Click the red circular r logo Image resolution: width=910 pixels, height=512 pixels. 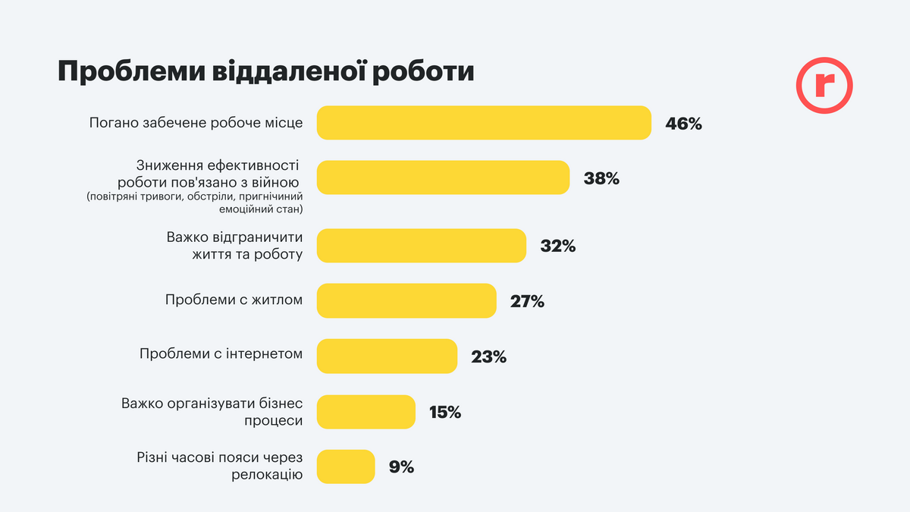(x=824, y=86)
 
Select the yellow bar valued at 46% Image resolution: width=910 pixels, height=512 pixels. (x=484, y=123)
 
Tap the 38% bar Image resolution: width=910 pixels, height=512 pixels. (x=443, y=177)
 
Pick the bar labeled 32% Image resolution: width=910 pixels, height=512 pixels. (x=421, y=246)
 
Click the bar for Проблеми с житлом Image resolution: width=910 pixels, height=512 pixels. (x=406, y=300)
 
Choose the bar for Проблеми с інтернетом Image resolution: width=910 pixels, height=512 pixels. (x=387, y=356)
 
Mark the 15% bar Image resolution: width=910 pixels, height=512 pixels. (x=366, y=412)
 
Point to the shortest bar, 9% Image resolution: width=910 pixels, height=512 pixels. (x=346, y=466)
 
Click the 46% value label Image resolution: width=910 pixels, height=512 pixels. (x=683, y=124)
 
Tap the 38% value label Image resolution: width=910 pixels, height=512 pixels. (x=601, y=179)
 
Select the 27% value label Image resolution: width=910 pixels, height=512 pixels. (x=527, y=301)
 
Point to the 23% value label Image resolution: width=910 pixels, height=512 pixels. (x=488, y=357)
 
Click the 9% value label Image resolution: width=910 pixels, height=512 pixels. (x=401, y=467)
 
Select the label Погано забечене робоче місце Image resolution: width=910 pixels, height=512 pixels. (x=196, y=123)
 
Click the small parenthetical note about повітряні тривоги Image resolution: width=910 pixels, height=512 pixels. (x=195, y=203)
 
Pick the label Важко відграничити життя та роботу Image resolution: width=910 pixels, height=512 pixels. (x=234, y=246)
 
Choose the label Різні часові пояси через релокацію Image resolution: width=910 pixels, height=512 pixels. (x=221, y=466)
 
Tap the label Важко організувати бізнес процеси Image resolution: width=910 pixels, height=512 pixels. (x=212, y=411)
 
